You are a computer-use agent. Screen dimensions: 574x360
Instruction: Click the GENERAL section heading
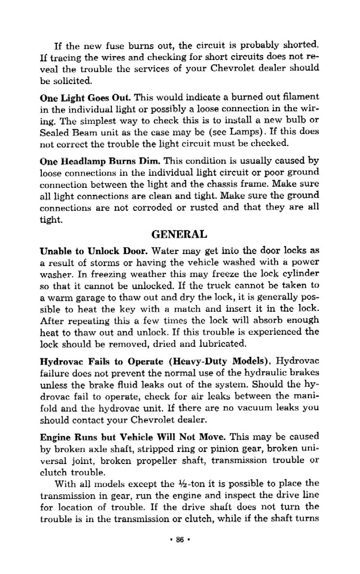pyautogui.click(x=179, y=234)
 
